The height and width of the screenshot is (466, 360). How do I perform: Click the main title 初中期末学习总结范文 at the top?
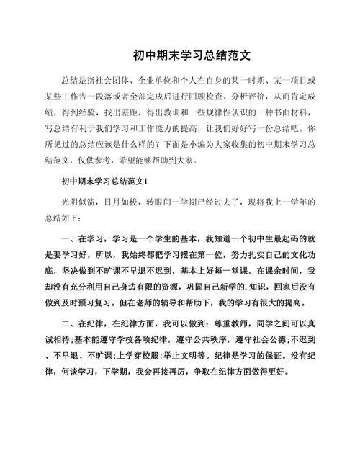[x=181, y=55]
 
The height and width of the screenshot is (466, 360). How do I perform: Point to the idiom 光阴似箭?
[x=78, y=203]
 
